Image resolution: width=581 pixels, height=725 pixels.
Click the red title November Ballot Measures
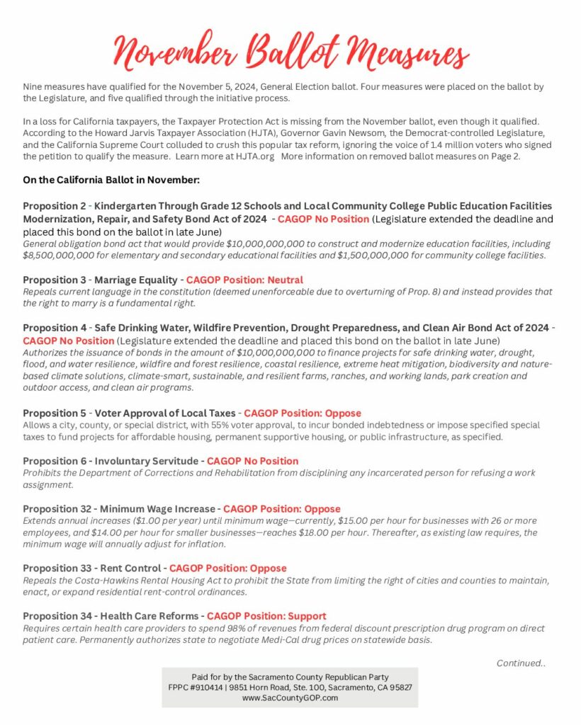point(290,53)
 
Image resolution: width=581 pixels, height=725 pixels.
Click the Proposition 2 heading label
point(55,206)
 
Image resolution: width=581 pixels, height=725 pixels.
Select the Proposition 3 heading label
point(55,280)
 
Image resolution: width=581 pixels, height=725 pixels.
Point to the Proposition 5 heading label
point(55,413)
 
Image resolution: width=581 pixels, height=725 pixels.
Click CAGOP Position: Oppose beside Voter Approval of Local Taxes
point(303,413)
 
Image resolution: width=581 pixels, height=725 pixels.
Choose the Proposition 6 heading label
point(55,461)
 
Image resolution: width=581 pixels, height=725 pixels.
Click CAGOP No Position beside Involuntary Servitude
point(252,461)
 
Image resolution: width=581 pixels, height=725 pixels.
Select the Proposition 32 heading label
point(58,509)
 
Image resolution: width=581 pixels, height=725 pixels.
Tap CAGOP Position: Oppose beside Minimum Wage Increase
point(282,509)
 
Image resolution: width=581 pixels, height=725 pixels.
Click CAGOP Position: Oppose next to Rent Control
point(228,569)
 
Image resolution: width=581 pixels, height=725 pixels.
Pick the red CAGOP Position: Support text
point(266,617)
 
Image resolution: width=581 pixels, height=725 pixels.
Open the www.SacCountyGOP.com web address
point(290,697)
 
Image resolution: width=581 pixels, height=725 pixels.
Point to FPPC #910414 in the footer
point(194,687)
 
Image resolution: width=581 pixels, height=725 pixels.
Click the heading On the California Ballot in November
point(111,181)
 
